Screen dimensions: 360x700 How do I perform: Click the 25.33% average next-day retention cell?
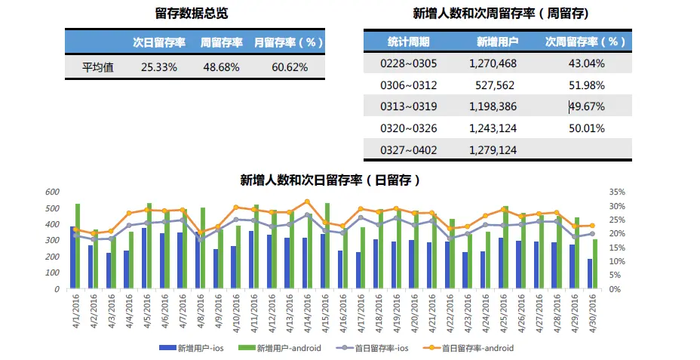[x=159, y=67]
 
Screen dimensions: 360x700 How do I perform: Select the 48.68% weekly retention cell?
[x=221, y=67]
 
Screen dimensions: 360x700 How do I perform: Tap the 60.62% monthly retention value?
[x=290, y=67]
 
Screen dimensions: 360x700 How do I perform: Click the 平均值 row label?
[x=98, y=67]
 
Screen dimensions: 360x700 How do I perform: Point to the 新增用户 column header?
[x=493, y=42]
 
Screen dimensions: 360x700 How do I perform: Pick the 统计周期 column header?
[x=408, y=42]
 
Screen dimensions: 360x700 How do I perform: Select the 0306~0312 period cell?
[x=408, y=85]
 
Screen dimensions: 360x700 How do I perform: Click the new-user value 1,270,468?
[x=493, y=63]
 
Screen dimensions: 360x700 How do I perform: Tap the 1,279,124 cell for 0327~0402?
[x=493, y=150]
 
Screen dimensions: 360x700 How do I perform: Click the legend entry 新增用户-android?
[x=289, y=348]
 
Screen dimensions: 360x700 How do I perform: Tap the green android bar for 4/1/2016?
[x=78, y=246]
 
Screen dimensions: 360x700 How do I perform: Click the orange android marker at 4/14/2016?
[x=307, y=202]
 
